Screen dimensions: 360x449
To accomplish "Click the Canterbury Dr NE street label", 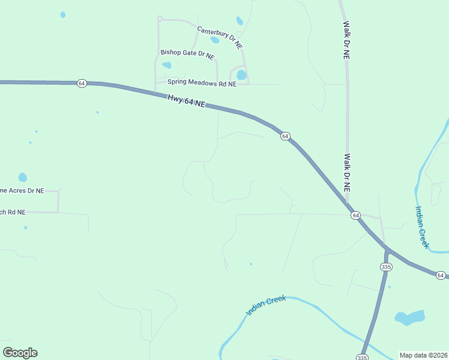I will coord(220,37).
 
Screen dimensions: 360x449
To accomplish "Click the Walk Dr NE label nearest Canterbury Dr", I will coord(346,40).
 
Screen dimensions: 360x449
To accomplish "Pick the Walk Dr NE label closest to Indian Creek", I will coord(347,172).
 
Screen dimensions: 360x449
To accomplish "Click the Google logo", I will coord(20,353).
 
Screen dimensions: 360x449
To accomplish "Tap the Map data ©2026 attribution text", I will coord(423,355).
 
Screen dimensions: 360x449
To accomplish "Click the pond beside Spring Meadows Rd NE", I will coord(241,75).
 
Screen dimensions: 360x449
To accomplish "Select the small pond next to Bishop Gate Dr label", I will coord(167,65).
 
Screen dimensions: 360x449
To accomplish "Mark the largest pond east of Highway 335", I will coord(409,317).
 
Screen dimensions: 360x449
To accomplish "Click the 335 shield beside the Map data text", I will coord(361,357).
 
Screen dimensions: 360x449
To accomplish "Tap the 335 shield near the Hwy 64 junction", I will coord(386,266).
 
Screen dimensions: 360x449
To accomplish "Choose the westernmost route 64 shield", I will coord(82,83).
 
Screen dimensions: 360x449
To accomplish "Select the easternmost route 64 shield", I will coord(441,275).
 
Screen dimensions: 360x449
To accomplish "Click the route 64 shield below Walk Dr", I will coord(355,215).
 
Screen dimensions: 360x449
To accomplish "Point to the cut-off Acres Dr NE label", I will coord(22,191).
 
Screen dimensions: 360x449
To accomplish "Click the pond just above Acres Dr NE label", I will coord(22,177).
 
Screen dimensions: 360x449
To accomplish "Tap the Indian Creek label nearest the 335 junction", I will coord(422,227).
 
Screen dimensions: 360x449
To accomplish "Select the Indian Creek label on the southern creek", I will coord(266,305).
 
